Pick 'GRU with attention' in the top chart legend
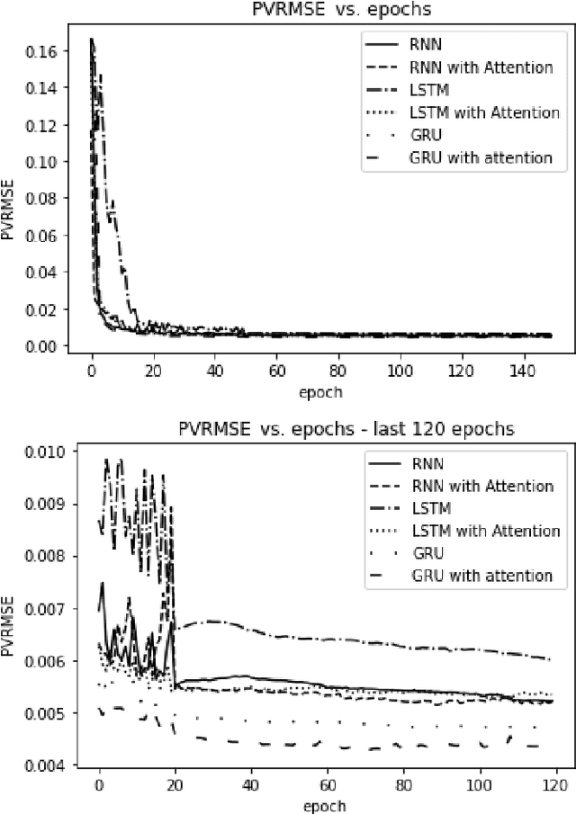point(481,157)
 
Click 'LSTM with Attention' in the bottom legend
point(483,532)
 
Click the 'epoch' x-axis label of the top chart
point(320,391)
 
